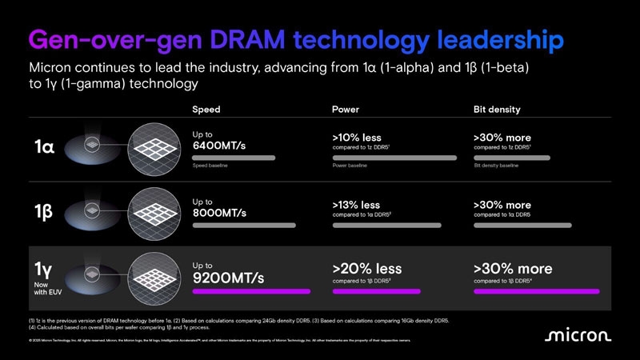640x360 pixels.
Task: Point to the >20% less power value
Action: [366, 269]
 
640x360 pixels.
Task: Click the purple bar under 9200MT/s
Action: [251, 291]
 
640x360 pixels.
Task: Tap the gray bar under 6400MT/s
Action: [234, 158]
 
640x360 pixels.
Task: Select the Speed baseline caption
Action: [211, 166]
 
